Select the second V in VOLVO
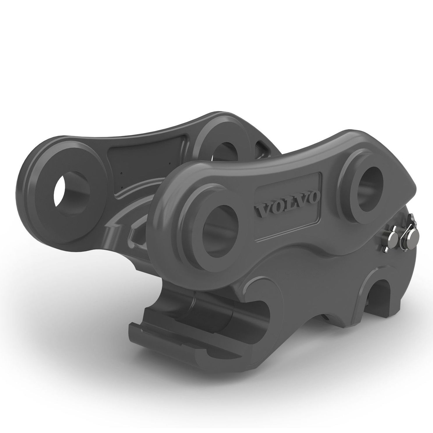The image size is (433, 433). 298,201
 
